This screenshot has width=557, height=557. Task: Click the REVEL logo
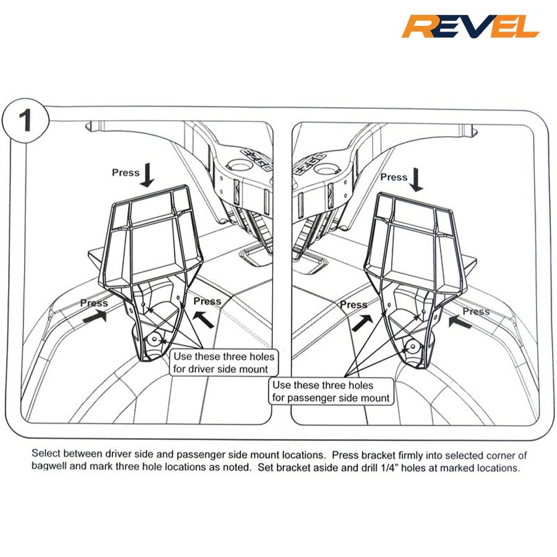(470, 27)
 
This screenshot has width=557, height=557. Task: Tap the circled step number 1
(25, 121)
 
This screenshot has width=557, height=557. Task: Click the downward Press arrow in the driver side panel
(147, 176)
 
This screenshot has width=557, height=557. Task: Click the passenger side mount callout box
(331, 391)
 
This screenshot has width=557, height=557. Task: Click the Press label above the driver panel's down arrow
(126, 173)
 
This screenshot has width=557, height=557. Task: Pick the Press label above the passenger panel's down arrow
(394, 177)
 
